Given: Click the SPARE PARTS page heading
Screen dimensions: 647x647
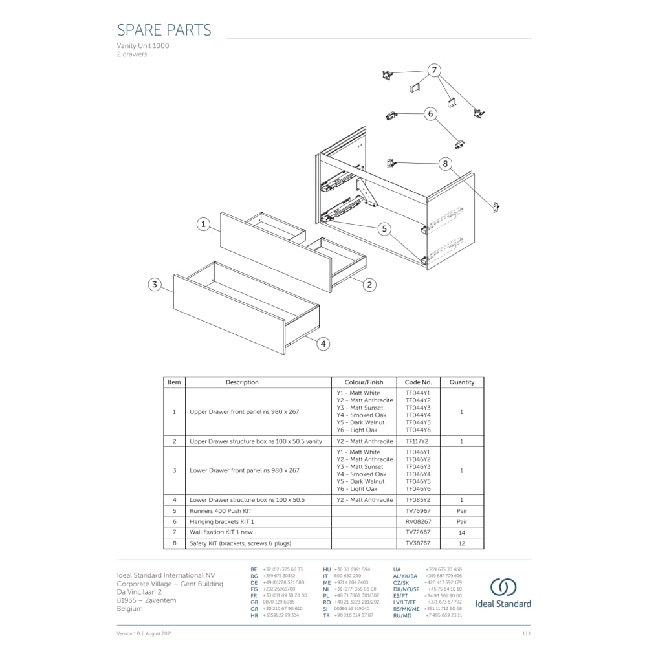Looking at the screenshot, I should (x=164, y=30).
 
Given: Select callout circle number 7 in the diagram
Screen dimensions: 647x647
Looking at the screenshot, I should (x=434, y=71).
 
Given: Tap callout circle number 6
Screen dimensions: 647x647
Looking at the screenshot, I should (x=431, y=114).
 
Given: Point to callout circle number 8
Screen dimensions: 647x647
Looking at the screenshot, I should (x=445, y=164).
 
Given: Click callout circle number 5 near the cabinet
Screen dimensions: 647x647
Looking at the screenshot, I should (x=384, y=228).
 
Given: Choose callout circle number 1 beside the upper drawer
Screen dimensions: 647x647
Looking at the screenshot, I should (x=204, y=225).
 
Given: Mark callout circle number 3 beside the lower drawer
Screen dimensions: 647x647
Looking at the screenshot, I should (x=154, y=284).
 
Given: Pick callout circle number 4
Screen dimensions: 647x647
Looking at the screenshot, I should (x=323, y=344).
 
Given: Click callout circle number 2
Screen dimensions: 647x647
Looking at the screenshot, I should (x=369, y=284).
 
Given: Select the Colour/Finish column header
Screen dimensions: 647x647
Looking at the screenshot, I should (x=364, y=382).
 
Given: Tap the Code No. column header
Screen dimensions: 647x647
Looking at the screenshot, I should (x=418, y=382).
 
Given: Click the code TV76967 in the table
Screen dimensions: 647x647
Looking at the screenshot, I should (x=418, y=511).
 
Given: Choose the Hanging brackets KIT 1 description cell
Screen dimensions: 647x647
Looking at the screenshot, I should (x=222, y=521).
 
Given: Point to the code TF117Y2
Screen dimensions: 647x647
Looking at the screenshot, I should (x=418, y=441).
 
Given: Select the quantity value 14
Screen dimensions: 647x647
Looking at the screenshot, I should (x=462, y=532).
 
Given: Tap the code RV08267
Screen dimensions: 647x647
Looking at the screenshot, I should (x=418, y=521).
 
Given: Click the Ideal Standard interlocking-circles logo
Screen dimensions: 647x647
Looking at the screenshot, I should (x=503, y=587).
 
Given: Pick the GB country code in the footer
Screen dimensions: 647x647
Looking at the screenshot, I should (x=254, y=602).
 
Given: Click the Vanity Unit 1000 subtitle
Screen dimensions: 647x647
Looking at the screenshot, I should (x=143, y=46).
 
